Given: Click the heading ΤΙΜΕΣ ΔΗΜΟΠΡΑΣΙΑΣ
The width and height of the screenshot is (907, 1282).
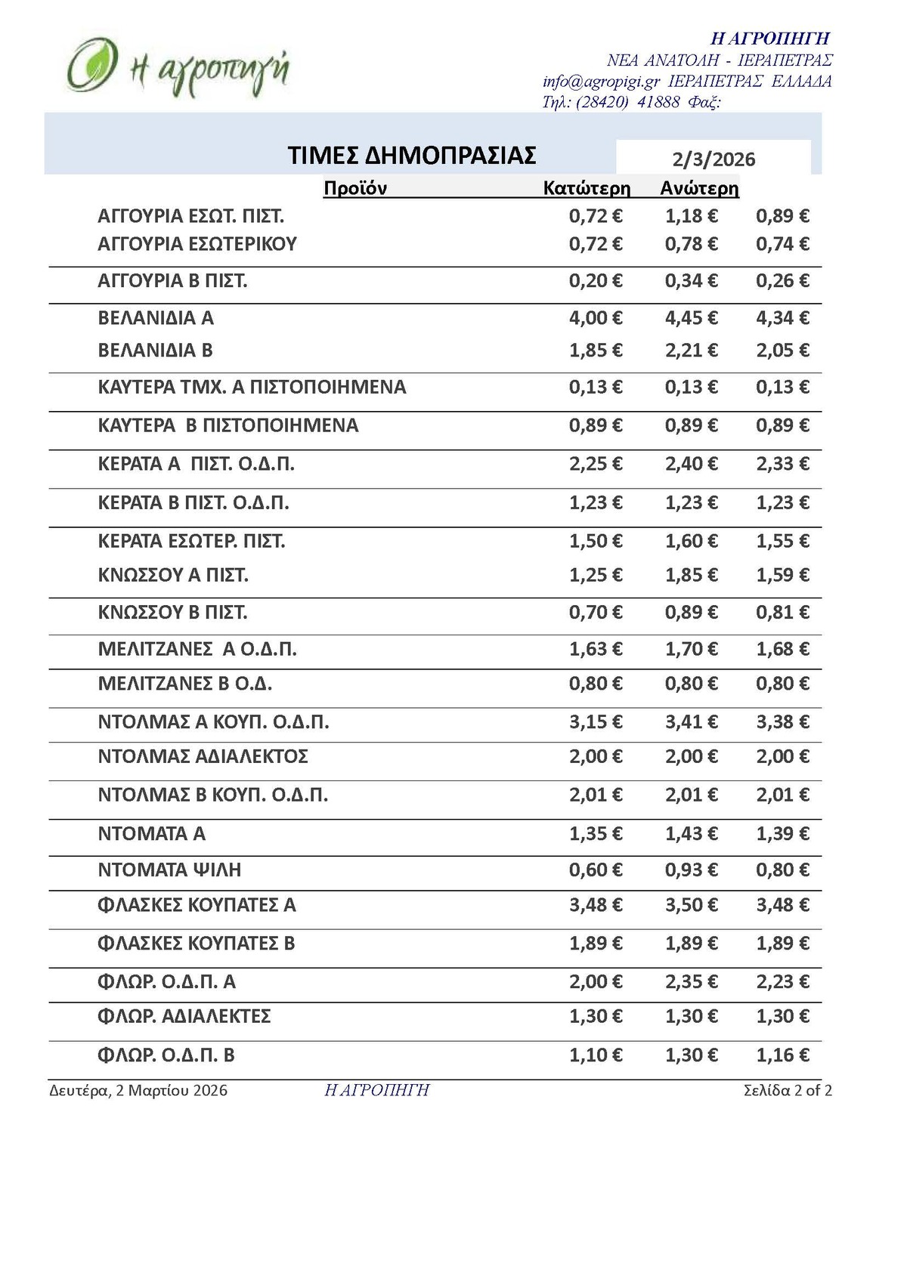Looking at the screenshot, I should coord(412,156).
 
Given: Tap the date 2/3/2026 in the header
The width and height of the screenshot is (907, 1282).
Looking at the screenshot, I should coord(714,159).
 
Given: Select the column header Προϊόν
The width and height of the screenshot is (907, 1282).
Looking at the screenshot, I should coord(354,188).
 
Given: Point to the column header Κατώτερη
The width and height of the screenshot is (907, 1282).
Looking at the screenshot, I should coord(587,188).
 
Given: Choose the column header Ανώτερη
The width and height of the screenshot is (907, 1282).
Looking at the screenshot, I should coord(699,188).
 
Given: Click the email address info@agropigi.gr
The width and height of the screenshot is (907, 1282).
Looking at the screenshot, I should coord(601,82).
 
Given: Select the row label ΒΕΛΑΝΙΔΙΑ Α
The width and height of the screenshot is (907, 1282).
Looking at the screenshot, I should coord(156,318).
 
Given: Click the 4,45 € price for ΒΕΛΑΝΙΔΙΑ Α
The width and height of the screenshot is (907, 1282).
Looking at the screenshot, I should coord(691,318).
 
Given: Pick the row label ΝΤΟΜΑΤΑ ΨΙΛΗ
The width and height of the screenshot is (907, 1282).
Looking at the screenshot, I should coord(169,870).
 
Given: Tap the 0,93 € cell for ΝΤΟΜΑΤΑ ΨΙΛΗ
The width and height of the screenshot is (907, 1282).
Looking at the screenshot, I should coord(691,870).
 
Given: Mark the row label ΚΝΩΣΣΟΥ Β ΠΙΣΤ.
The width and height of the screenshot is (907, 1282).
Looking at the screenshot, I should coord(172,613).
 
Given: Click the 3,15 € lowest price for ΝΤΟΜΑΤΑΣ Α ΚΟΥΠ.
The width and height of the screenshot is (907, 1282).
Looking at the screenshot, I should coord(596,722).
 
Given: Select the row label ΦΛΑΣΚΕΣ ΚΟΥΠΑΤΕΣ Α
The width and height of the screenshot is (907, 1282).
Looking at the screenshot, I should coord(197,905).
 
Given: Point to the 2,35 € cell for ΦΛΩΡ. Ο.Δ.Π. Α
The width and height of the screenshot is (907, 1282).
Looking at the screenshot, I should coord(691,982).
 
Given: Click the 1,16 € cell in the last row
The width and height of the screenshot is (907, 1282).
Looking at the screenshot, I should coord(782,1055).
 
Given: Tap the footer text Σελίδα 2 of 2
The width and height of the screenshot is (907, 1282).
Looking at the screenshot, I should coord(788,1091).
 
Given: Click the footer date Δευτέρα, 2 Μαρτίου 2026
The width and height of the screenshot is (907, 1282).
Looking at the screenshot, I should coord(138,1091).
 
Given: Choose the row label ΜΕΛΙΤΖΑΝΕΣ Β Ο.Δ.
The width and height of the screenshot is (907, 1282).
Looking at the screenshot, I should coord(185,684).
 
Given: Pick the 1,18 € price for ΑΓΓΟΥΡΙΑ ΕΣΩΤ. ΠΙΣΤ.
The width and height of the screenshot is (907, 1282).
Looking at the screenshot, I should coord(691,217).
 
